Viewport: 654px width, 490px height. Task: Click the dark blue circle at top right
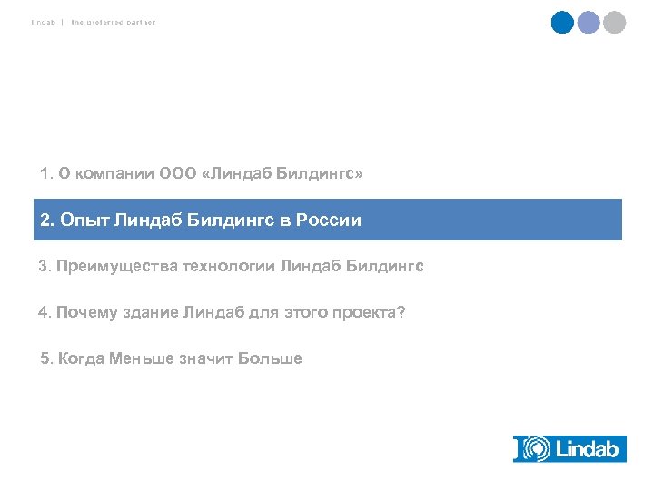pyautogui.click(x=563, y=23)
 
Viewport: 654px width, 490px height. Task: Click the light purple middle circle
pyautogui.click(x=590, y=23)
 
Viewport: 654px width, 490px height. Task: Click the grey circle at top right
pyautogui.click(x=615, y=23)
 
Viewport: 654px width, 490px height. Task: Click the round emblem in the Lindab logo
pyautogui.click(x=537, y=448)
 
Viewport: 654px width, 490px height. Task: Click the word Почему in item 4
pyautogui.click(x=87, y=313)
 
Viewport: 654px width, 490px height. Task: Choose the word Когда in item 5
pyautogui.click(x=81, y=358)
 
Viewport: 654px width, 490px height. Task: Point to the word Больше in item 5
pyautogui.click(x=270, y=358)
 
